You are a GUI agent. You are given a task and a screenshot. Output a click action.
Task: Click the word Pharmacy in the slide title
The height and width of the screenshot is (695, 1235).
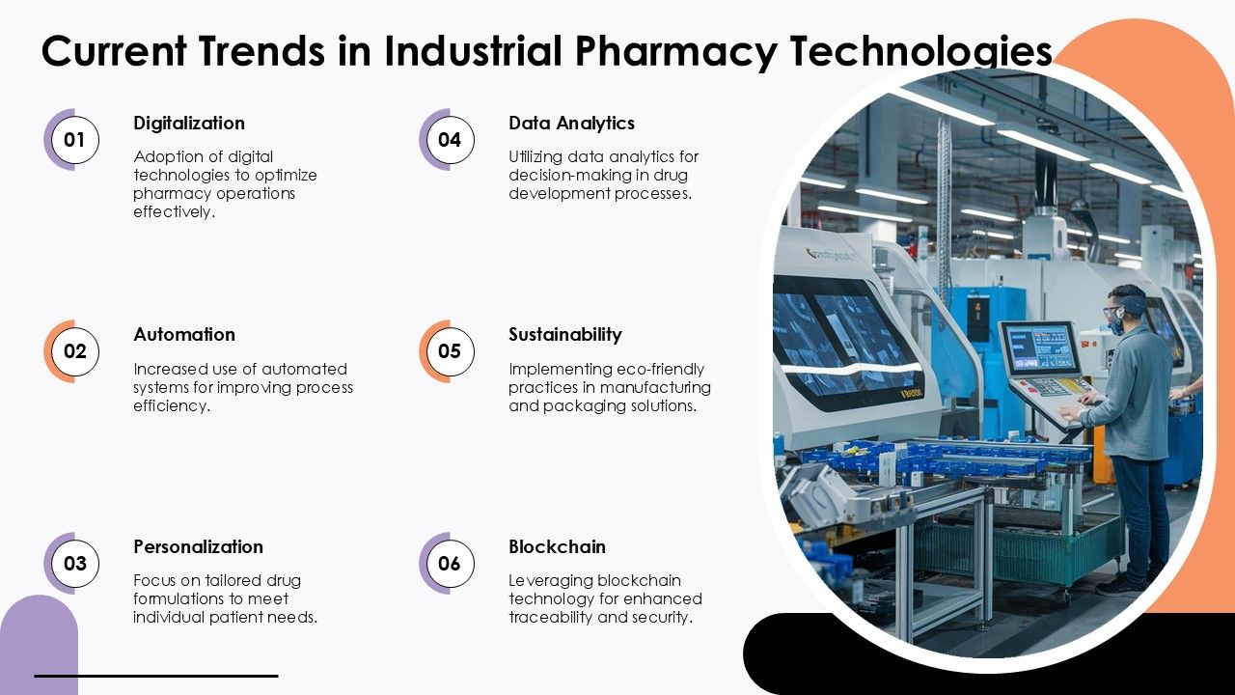pos(676,51)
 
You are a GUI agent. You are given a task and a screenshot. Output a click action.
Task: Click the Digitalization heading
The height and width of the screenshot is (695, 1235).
pos(189,124)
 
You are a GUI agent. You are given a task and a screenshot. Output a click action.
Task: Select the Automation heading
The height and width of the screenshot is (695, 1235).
pos(184,334)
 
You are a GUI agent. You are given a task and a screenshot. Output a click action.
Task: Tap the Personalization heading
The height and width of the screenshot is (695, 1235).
pos(199,546)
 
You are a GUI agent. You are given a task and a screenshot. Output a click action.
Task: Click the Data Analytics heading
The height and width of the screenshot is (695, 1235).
pos(571,124)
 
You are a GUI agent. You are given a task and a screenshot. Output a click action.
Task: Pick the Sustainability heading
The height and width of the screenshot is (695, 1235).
pos(565,335)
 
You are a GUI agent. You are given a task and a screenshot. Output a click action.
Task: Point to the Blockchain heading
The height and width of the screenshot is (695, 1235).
pos(557,546)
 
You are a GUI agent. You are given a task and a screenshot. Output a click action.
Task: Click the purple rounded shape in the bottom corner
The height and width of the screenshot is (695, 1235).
pos(39,645)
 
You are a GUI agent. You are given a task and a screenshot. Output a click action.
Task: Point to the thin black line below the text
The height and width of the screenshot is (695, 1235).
pos(156,676)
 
